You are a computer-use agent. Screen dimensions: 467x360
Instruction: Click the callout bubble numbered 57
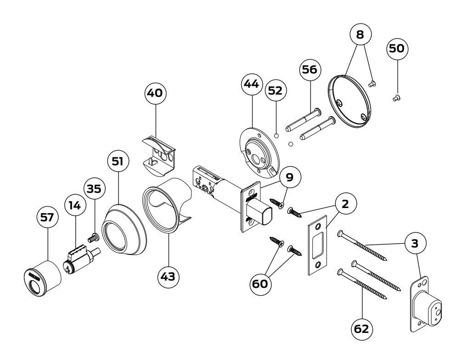click(47, 217)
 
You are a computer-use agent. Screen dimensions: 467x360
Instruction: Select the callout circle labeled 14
click(75, 205)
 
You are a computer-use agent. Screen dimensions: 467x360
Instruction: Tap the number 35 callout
click(95, 188)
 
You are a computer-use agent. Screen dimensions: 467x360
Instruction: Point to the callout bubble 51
click(118, 161)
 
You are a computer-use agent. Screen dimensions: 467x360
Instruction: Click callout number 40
click(155, 93)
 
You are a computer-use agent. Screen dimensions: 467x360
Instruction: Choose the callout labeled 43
click(168, 277)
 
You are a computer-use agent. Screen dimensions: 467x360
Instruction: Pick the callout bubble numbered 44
click(252, 84)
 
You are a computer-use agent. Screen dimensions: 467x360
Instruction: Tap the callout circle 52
click(276, 90)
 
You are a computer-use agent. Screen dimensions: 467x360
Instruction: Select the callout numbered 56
click(310, 70)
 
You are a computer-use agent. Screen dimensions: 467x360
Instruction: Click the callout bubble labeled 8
click(360, 34)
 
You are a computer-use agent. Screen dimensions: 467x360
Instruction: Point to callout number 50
click(397, 49)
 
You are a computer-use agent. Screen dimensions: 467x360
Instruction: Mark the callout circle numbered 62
click(362, 329)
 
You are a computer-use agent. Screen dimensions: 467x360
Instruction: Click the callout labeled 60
click(260, 284)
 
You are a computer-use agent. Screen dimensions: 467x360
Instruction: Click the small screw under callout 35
click(93, 237)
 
